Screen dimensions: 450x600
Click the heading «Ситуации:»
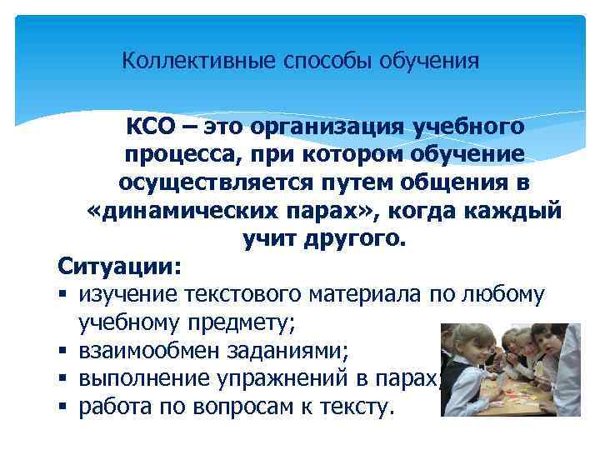[x=118, y=267]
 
